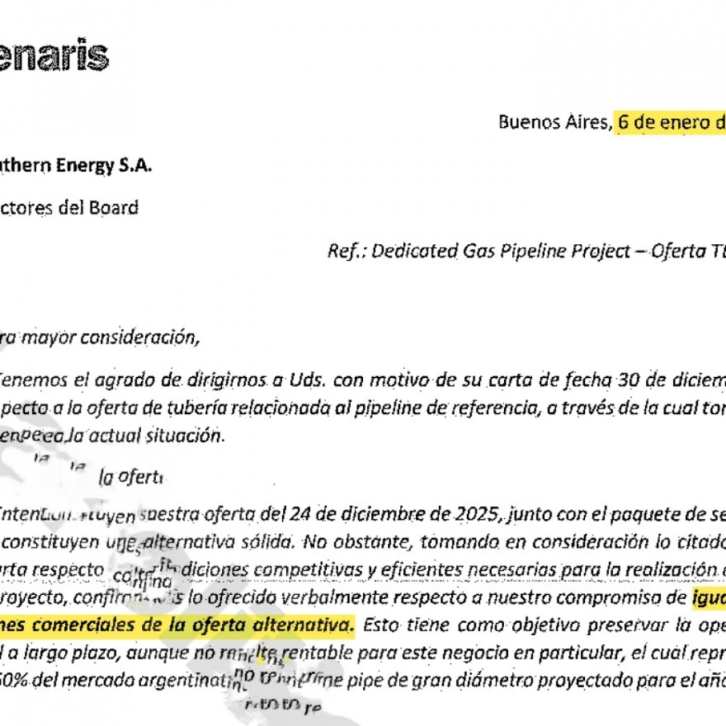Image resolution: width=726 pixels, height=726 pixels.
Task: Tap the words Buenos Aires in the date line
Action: point(554,122)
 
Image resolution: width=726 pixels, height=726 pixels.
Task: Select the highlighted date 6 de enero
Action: point(670,122)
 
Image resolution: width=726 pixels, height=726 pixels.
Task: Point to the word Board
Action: point(113,208)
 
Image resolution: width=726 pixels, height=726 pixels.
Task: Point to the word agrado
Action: point(113,380)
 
